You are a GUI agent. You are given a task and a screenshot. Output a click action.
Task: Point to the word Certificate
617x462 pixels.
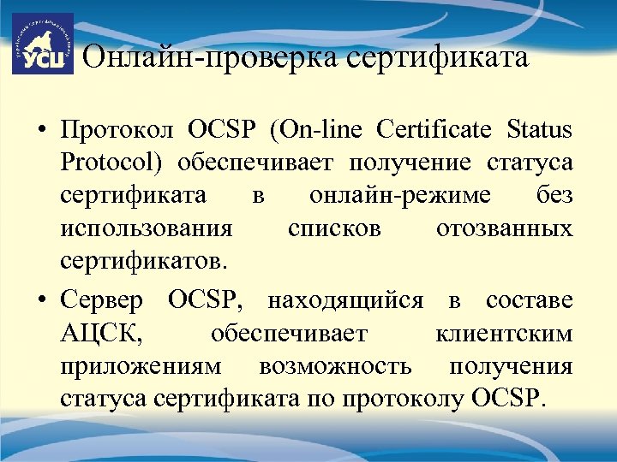click(432, 131)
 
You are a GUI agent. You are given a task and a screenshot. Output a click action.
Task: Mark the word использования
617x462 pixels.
click(146, 229)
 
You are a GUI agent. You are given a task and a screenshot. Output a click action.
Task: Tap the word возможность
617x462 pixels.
click(334, 366)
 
